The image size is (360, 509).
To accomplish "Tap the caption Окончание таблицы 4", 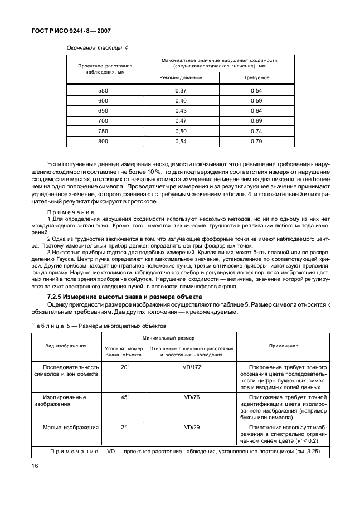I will (x=97, y=47).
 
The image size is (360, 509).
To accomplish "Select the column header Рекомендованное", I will (x=181, y=77).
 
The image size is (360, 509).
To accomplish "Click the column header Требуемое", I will (x=256, y=77).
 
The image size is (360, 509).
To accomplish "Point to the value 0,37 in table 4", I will (x=181, y=90).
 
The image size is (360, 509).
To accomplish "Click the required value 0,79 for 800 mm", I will (x=256, y=141).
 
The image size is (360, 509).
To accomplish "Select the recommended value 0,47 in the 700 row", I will (x=181, y=120).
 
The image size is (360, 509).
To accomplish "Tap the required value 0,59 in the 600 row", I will (x=256, y=100).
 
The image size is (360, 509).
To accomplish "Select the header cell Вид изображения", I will (x=66, y=346).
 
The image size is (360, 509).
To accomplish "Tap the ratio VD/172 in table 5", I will (x=191, y=367).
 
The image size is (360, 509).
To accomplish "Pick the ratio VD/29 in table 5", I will (x=191, y=428).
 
